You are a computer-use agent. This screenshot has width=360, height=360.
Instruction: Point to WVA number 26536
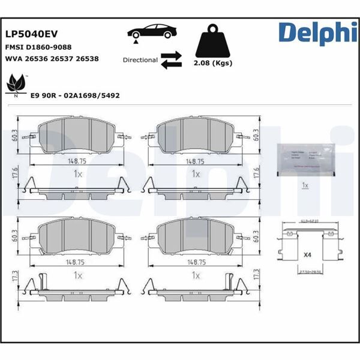[x=40, y=59]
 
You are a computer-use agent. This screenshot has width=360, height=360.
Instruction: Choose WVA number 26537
[x=64, y=59]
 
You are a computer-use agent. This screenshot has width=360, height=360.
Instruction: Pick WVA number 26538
[x=87, y=59]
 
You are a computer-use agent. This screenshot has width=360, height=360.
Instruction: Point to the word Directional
[x=140, y=60]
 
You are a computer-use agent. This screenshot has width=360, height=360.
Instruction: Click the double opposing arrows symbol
[x=172, y=59]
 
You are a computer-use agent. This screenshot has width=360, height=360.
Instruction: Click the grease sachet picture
[x=305, y=159]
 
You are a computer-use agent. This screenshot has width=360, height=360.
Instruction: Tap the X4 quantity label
[x=307, y=255]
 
